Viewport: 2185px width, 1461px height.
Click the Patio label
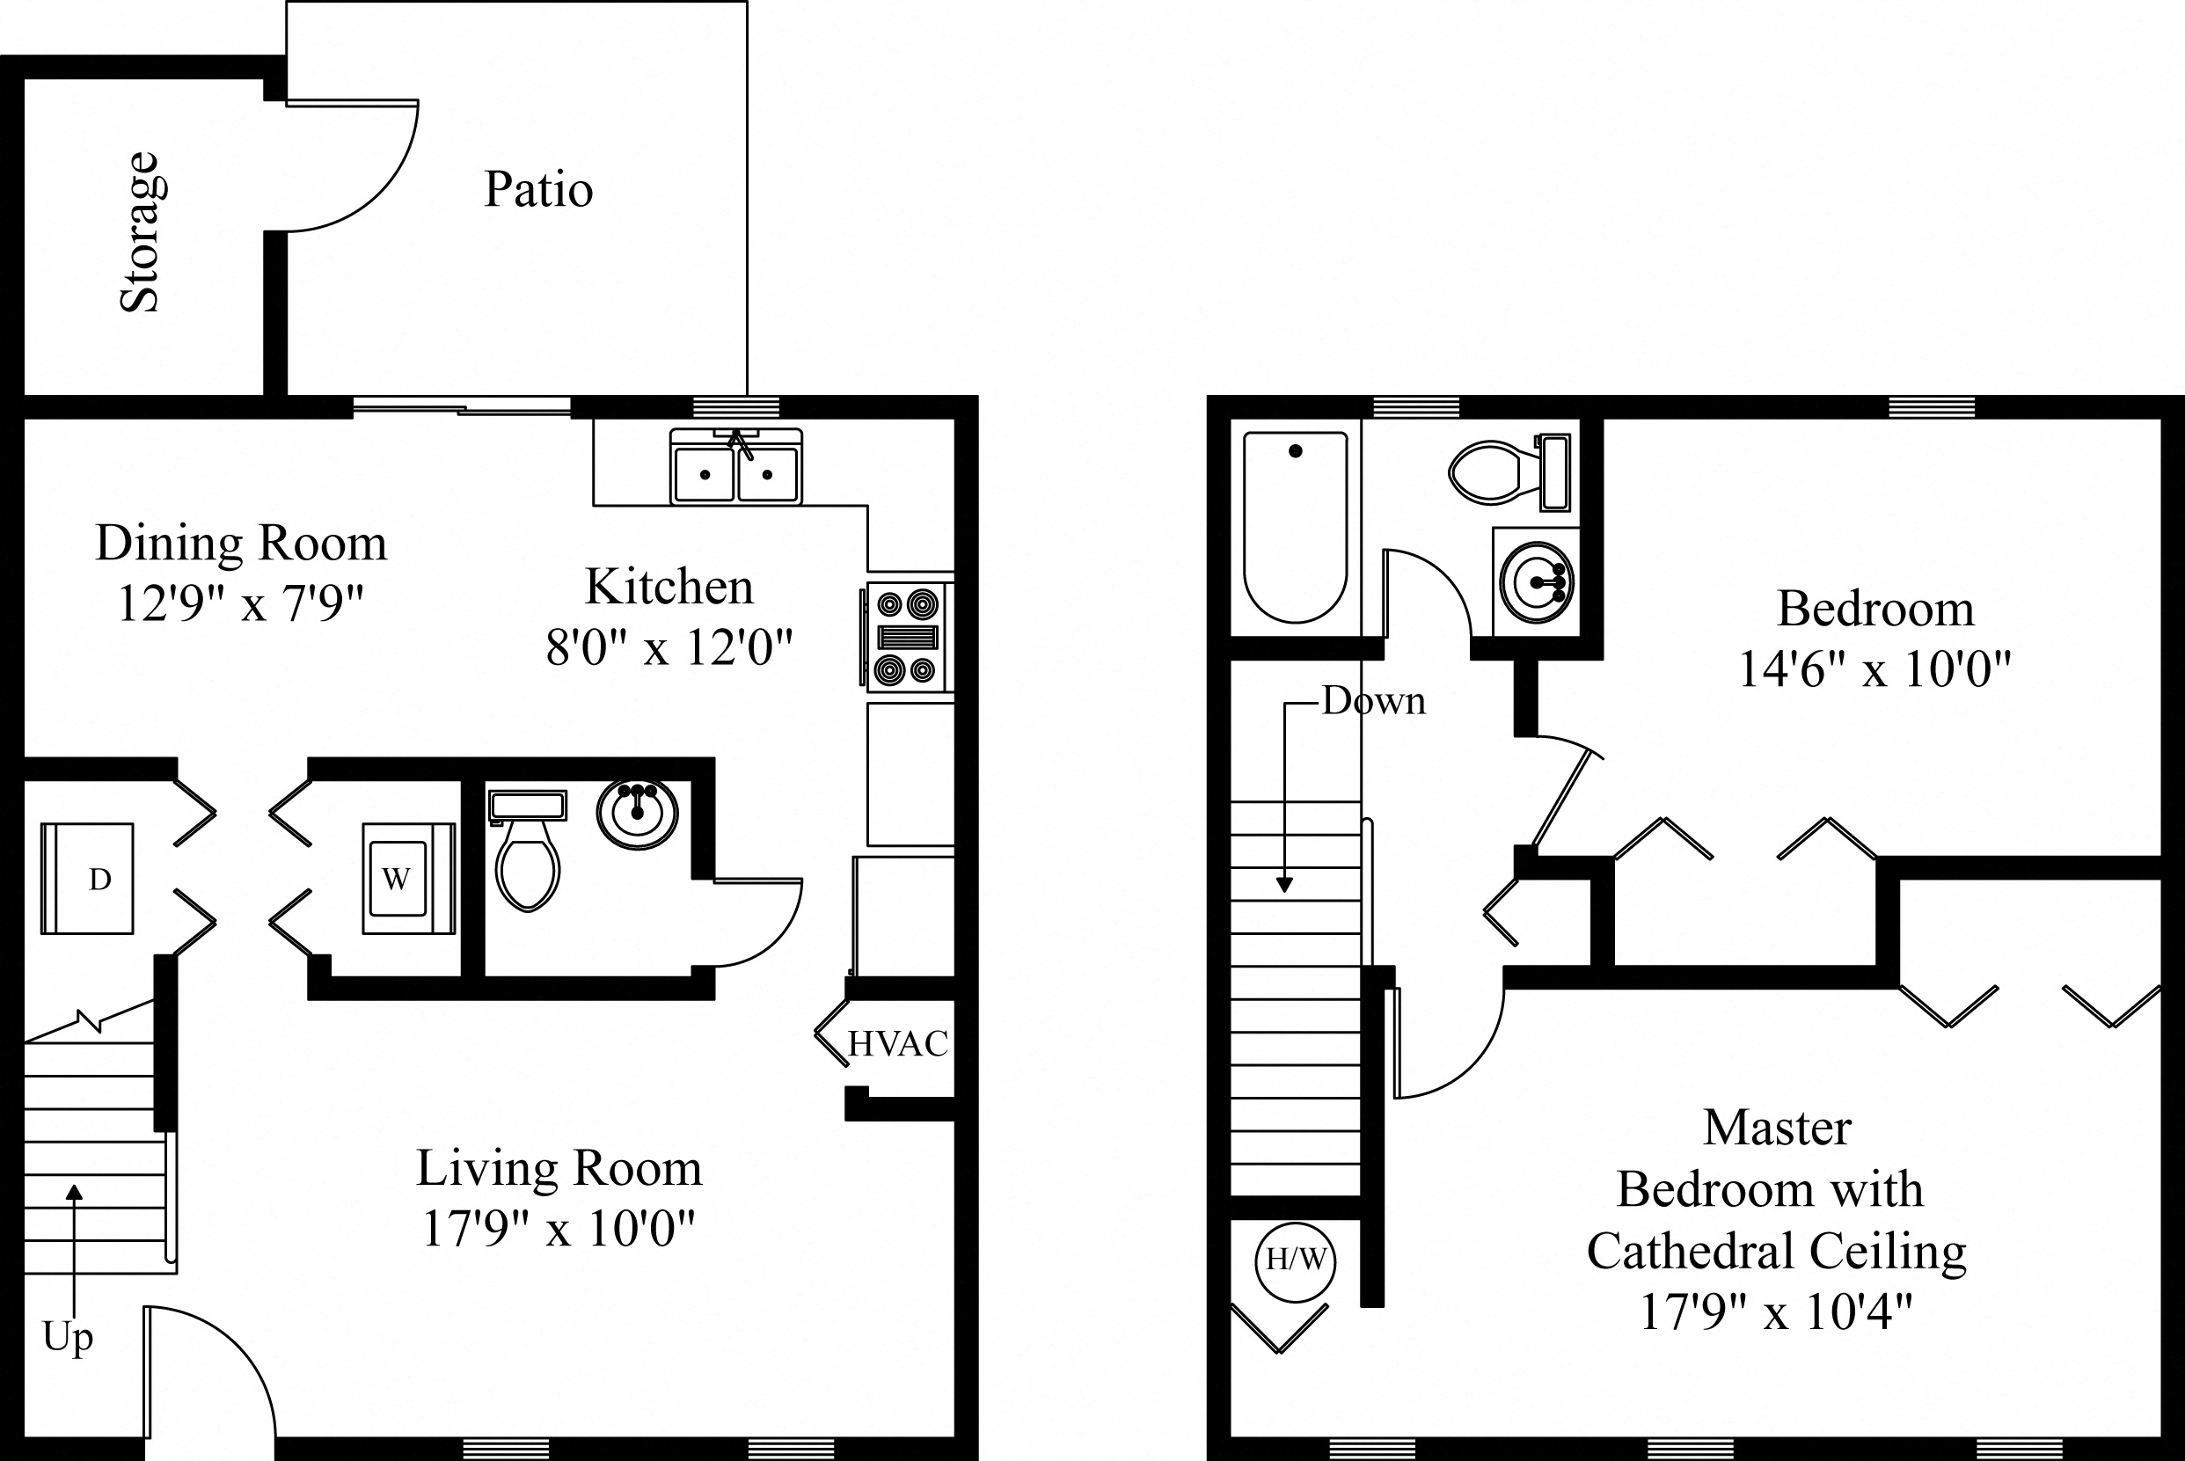click(x=537, y=190)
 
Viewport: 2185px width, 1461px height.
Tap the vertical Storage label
click(x=141, y=231)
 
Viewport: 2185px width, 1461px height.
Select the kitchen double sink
click(x=736, y=467)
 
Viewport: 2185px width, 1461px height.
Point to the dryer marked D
click(x=89, y=879)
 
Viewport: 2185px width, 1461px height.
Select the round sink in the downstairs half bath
click(x=638, y=814)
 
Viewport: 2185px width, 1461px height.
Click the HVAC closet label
click(x=897, y=1043)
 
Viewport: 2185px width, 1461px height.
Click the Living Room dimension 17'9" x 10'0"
click(x=559, y=1229)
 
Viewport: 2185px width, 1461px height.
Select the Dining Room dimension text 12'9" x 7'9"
click(x=240, y=603)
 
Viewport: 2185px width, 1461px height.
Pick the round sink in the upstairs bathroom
click(x=1537, y=582)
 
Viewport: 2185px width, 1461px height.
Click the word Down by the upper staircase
click(x=1373, y=702)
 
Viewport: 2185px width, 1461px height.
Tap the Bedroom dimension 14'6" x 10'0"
click(x=1874, y=669)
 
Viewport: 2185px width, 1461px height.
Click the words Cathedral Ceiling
click(x=1777, y=1252)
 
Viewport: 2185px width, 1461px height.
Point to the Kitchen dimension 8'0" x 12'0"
click(x=669, y=646)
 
